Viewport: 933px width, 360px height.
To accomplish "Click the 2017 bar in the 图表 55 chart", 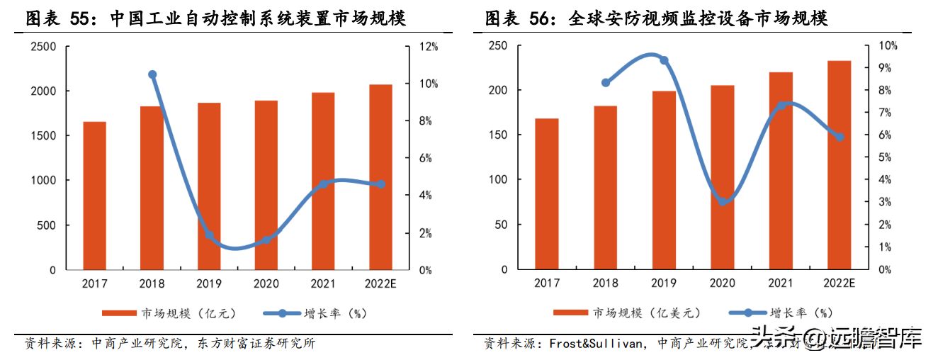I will (x=94, y=196).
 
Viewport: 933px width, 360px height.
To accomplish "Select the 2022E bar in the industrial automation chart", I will (x=380, y=177).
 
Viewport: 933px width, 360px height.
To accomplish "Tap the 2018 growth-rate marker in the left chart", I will (x=152, y=74).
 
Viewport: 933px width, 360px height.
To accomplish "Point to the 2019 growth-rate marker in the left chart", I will (x=209, y=235).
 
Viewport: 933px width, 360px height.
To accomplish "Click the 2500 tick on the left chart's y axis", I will (x=43, y=46).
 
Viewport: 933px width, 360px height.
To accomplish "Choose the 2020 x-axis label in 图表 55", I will (x=266, y=284).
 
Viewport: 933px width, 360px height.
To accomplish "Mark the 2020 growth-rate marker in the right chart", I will (x=723, y=201).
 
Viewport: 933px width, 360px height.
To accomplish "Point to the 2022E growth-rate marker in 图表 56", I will (x=839, y=137).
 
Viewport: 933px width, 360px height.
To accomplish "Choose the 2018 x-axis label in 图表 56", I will (x=605, y=284).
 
